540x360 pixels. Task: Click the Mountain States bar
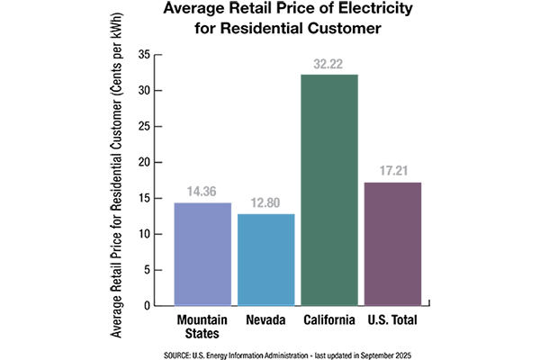202,254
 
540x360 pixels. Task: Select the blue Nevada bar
265,259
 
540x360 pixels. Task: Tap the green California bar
329,189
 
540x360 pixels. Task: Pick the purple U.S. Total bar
393,243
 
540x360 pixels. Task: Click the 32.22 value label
329,66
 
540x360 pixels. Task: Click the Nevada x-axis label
265,319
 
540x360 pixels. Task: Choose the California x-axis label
329,319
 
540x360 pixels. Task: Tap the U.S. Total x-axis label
393,319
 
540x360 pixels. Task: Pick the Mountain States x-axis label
202,325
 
